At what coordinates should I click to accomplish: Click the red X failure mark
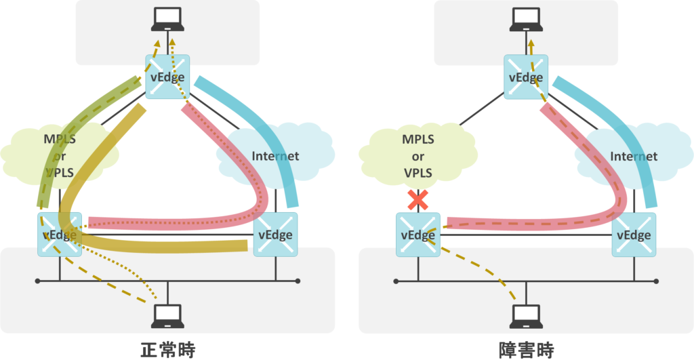coord(417,199)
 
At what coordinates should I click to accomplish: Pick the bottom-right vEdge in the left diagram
coord(275,235)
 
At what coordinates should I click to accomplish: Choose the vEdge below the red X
coord(417,235)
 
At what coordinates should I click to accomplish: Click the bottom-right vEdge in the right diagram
coord(634,235)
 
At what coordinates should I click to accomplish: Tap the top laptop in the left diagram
coord(167,20)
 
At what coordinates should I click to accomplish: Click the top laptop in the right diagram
coord(526,20)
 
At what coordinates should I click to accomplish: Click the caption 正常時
coord(168,349)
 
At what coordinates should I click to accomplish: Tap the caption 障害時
coord(526,349)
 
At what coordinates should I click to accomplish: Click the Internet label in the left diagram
coord(275,156)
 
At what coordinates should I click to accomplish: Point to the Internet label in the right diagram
coord(634,156)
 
